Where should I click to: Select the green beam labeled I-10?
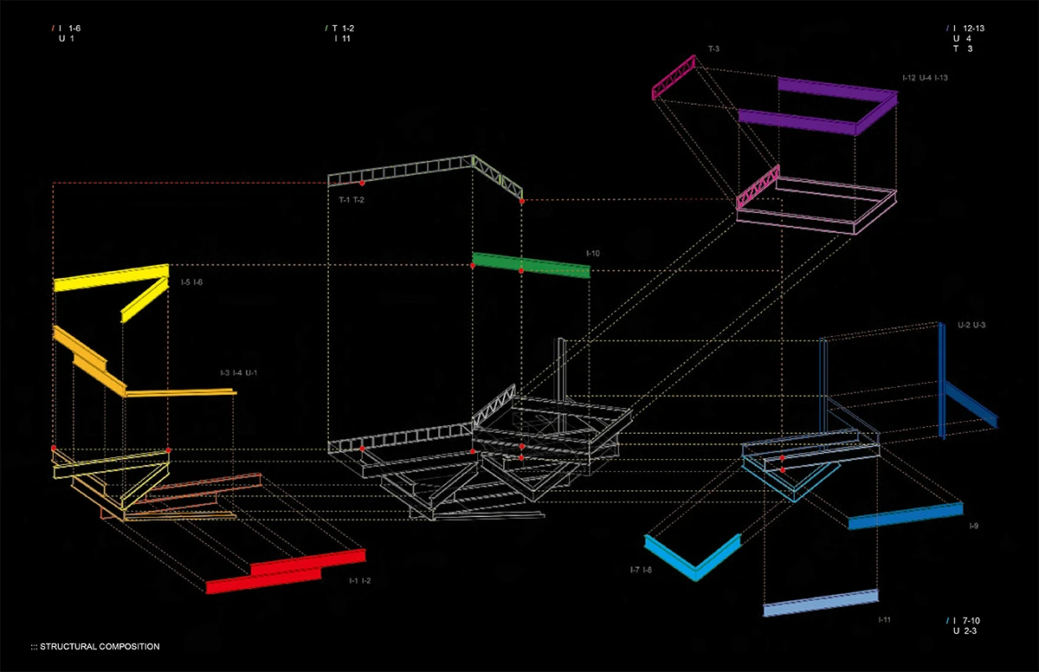click(531, 265)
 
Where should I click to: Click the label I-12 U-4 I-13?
click(926, 78)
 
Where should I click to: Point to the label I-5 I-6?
click(192, 282)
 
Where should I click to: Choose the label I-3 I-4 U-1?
click(240, 373)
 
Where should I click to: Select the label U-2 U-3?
click(971, 325)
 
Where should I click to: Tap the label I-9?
click(974, 527)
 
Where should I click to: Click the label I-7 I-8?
click(642, 571)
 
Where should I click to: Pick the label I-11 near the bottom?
click(885, 619)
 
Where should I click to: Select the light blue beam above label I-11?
click(820, 604)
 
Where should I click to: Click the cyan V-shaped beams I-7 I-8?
click(692, 561)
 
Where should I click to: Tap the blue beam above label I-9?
click(905, 516)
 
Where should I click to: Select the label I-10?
click(593, 253)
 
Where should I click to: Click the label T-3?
click(713, 48)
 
